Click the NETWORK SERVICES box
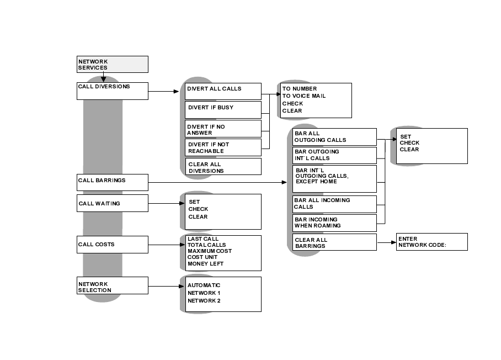pyautogui.click(x=113, y=64)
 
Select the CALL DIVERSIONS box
pyautogui.click(x=113, y=91)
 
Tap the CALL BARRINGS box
pyautogui.click(x=113, y=182)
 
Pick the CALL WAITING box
pyautogui.click(x=113, y=203)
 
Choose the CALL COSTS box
pyautogui.click(x=113, y=244)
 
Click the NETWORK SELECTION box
pyautogui.click(x=113, y=285)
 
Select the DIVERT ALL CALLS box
pyautogui.click(x=222, y=91)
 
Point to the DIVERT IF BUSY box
pyautogui.click(x=222, y=109)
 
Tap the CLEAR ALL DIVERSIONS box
pyautogui.click(x=223, y=167)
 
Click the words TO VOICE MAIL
pyautogui.click(x=304, y=96)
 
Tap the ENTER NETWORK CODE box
pyautogui.click(x=431, y=242)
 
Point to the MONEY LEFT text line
pyautogui.click(x=205, y=264)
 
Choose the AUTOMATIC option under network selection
pyautogui.click(x=204, y=285)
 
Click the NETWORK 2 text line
pyautogui.click(x=204, y=301)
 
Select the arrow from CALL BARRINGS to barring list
pyautogui.click(x=221, y=182)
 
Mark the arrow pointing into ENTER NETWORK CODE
pyautogui.click(x=386, y=242)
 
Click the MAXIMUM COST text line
pyautogui.click(x=210, y=251)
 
